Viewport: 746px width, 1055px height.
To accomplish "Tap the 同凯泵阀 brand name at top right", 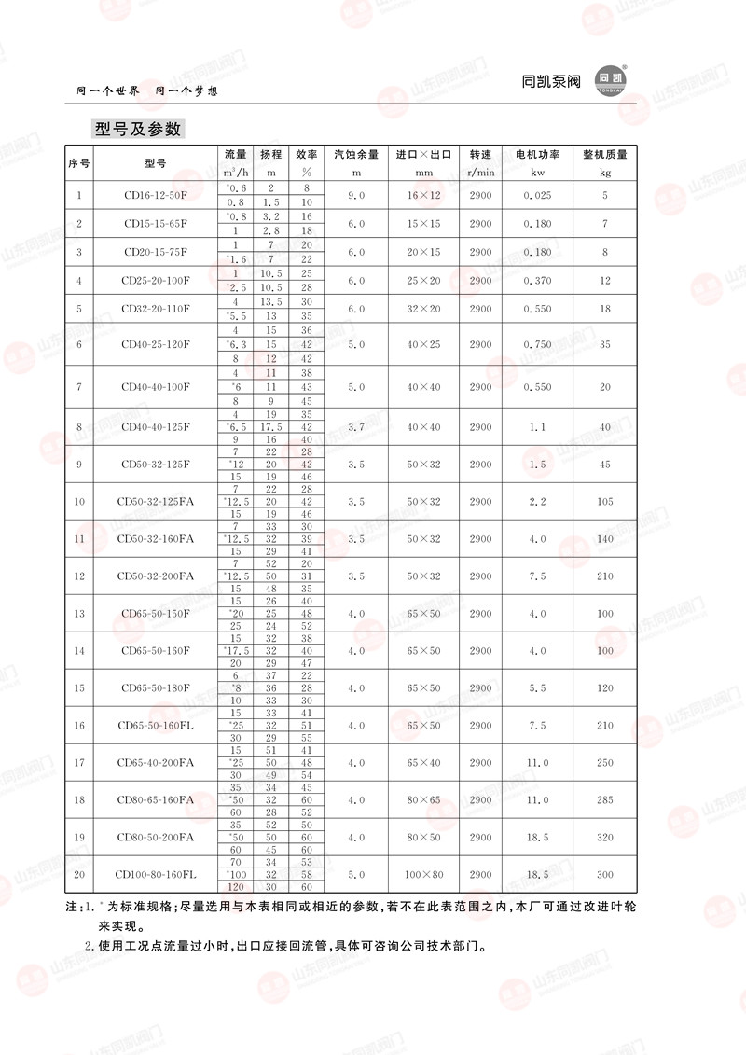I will [551, 81].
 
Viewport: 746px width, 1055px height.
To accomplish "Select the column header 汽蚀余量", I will [355, 154].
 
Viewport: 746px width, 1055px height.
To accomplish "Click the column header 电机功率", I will [537, 154].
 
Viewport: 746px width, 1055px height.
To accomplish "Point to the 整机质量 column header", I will [604, 154].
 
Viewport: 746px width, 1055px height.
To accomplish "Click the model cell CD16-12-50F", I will [156, 196].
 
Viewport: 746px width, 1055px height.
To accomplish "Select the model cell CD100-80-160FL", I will [156, 875].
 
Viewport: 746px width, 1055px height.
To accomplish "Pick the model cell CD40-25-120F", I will [156, 344].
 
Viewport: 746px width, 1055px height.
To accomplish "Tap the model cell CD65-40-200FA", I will [156, 763].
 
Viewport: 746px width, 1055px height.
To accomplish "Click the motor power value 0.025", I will [537, 196].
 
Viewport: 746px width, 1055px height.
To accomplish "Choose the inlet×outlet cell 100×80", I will [423, 875].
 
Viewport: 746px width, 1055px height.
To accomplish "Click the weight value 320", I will [604, 838].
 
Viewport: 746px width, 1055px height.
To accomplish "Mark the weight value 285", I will [604, 800].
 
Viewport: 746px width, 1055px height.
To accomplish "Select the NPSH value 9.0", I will [355, 196].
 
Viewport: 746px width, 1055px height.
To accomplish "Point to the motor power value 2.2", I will [537, 502].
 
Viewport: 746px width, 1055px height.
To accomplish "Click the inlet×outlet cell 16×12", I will [423, 196].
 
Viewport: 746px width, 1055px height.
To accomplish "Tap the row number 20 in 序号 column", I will [78, 875].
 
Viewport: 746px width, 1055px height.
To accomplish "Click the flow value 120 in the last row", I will [236, 886].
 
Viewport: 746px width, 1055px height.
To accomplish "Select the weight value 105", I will [604, 502].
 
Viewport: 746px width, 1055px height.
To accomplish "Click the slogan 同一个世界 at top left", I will [108, 92].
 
